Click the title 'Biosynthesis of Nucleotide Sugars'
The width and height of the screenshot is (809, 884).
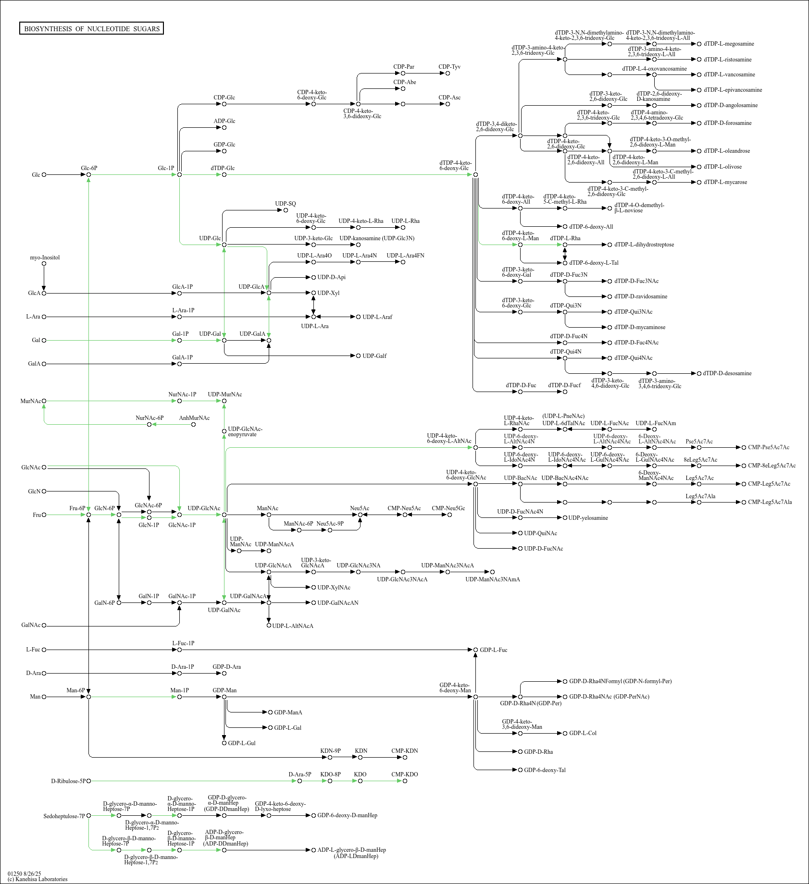pos(92,29)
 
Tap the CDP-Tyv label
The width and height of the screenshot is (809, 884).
pos(449,67)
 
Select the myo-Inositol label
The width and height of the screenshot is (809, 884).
pos(45,258)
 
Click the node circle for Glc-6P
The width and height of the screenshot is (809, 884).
pos(89,175)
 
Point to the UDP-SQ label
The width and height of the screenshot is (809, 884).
pos(286,204)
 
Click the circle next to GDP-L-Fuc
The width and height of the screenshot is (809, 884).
pos(476,650)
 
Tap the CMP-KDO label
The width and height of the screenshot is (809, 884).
pos(405,774)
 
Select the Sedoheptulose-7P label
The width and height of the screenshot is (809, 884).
pos(64,816)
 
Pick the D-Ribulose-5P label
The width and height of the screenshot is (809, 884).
pos(68,781)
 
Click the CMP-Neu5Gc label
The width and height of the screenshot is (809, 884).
pos(448,508)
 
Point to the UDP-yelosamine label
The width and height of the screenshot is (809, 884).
pos(588,518)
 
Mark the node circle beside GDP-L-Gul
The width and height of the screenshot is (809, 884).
pos(224,743)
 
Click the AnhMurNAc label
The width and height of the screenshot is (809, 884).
pos(194,418)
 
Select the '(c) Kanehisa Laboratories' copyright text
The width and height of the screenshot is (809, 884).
pos(37,879)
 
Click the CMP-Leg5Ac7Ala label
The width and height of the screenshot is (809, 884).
pos(770,502)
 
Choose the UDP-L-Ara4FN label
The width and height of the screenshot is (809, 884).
pos(405,256)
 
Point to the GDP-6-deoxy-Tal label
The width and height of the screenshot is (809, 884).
pos(545,770)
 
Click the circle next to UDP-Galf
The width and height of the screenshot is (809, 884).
pos(358,356)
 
